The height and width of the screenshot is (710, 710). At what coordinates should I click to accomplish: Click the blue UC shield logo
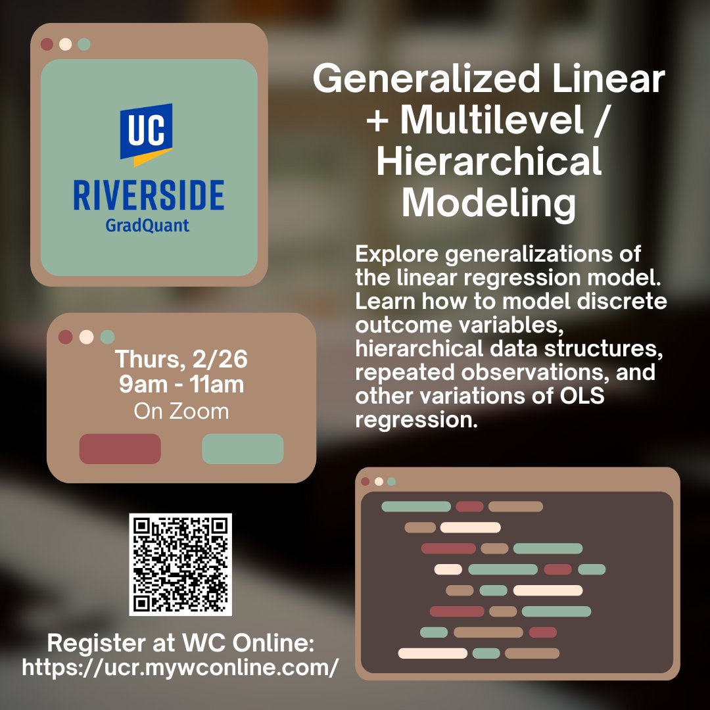click(x=146, y=134)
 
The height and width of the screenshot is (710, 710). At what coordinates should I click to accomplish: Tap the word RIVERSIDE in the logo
click(x=149, y=197)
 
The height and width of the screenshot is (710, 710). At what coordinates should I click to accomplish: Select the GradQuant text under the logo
click(x=147, y=225)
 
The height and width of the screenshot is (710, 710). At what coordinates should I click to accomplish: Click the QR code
click(x=180, y=565)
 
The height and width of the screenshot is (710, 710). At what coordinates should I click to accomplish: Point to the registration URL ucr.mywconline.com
click(x=181, y=668)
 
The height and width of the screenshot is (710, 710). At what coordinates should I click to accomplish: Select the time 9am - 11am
click(x=181, y=385)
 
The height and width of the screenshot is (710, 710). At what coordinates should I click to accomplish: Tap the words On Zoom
click(x=181, y=412)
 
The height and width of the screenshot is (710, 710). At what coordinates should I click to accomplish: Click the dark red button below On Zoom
click(x=120, y=449)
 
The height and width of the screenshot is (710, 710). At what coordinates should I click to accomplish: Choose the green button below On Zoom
click(x=243, y=449)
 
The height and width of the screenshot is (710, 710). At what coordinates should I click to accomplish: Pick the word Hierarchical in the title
click(x=488, y=162)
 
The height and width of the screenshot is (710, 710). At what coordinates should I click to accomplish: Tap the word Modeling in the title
click(x=488, y=203)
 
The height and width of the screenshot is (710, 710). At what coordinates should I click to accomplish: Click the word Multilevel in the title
click(x=492, y=122)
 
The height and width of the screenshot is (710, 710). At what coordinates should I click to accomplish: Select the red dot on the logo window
click(x=47, y=45)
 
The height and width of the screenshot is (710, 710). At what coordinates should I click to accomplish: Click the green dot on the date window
click(x=108, y=337)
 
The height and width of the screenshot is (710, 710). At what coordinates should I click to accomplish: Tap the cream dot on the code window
click(x=379, y=481)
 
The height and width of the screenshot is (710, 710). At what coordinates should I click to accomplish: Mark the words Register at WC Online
click(x=181, y=642)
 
